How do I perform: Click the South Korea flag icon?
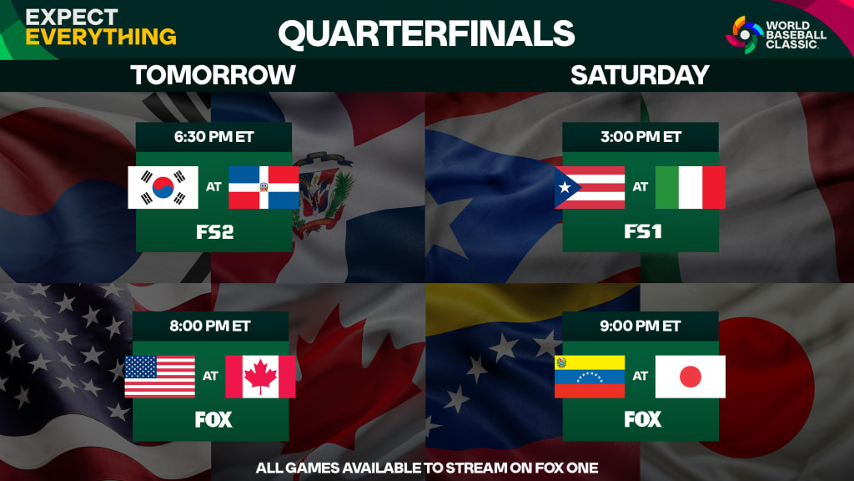(163, 187)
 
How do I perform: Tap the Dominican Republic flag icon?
(264, 187)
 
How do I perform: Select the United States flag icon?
(159, 377)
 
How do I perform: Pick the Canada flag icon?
(260, 377)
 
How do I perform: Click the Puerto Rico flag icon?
(590, 187)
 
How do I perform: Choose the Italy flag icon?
(691, 187)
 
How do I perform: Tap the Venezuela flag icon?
(590, 377)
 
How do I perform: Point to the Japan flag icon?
(691, 377)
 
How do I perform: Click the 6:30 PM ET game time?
(213, 137)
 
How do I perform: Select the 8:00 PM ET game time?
(213, 327)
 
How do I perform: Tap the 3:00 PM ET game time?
(640, 137)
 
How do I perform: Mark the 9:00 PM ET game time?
(640, 327)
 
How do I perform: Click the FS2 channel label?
(213, 232)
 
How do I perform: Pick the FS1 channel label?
(642, 231)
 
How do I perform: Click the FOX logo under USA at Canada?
(213, 419)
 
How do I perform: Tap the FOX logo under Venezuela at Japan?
(642, 419)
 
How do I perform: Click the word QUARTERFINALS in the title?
(426, 33)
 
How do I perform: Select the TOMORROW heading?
(213, 75)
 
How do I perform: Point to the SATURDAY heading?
(640, 75)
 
